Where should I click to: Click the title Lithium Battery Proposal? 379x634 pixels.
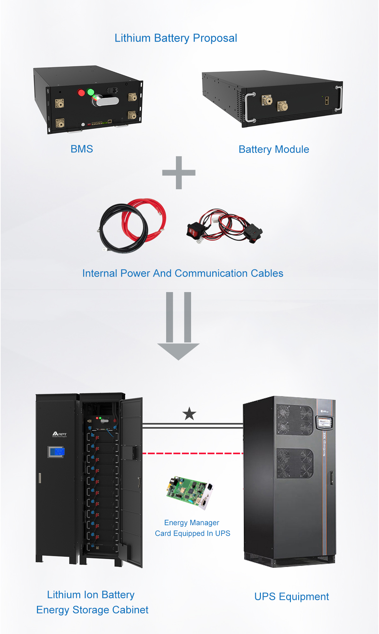176,38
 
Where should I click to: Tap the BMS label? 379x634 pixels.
82,149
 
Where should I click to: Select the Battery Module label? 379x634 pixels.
274,149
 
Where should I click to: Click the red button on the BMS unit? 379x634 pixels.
81,93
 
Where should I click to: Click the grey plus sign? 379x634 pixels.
179,173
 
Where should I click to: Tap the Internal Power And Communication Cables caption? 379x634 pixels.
183,273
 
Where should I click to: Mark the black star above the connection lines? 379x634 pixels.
189,414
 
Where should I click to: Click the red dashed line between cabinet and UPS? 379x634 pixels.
193,453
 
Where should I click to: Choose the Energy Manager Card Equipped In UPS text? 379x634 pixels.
192,528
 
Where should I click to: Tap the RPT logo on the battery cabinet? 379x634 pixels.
59,434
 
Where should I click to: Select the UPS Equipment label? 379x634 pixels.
292,596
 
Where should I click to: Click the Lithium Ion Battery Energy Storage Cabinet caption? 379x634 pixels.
92,602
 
